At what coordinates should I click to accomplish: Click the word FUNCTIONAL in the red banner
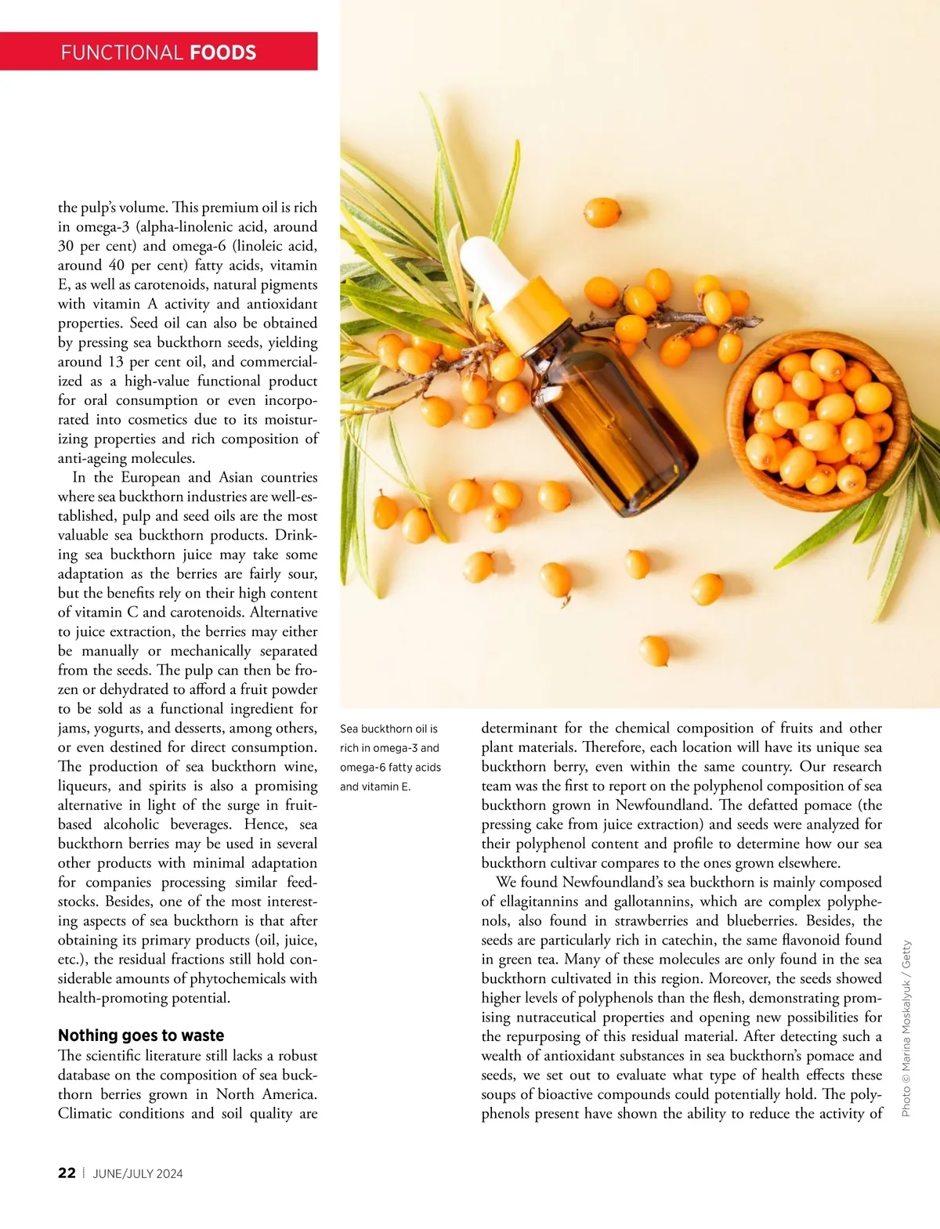tap(121, 52)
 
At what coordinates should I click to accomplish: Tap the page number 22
tap(67, 1173)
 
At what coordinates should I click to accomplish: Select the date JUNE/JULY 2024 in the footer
tap(138, 1173)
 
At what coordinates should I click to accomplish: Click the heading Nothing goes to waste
tap(141, 1036)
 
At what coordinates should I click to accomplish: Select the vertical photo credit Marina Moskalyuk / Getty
tap(906, 1028)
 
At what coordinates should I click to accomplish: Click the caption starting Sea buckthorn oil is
tap(390, 757)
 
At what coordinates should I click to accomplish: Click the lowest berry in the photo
tap(654, 650)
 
